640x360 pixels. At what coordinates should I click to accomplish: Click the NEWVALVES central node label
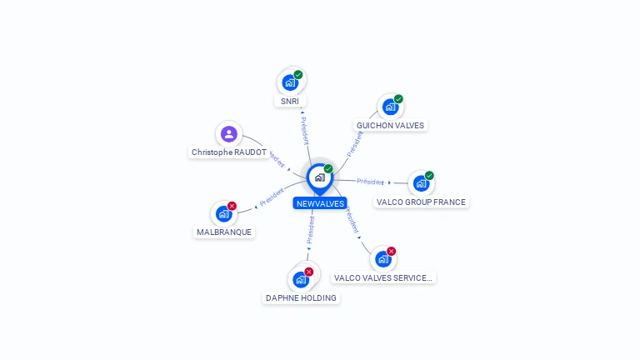[x=320, y=203]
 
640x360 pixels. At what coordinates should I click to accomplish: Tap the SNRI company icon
[x=290, y=82]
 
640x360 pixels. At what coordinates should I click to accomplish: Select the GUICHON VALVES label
[x=390, y=126]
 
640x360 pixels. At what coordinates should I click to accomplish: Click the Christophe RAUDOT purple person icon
[x=229, y=133]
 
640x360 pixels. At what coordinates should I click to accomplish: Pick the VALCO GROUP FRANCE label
[x=421, y=202]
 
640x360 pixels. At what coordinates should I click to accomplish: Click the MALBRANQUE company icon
[x=223, y=213]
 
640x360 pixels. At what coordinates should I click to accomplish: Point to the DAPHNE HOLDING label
[x=301, y=297]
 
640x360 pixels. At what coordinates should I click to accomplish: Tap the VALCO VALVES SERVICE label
[x=383, y=277]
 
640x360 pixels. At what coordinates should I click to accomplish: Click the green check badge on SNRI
[x=298, y=75]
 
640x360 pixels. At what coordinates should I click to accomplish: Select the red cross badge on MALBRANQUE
[x=232, y=206]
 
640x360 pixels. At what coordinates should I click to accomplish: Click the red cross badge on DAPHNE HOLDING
[x=308, y=272]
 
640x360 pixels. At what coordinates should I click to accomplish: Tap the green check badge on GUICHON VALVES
[x=398, y=99]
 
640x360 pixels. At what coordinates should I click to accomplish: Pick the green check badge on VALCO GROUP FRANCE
[x=429, y=175]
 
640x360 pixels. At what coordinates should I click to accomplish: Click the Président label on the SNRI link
[x=304, y=129]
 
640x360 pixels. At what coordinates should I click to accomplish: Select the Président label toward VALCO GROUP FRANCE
[x=369, y=182]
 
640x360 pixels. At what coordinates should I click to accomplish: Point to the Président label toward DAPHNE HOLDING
[x=310, y=231]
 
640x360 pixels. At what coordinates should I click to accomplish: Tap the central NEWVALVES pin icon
[x=319, y=177]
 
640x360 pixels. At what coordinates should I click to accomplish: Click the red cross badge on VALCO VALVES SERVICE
[x=391, y=251]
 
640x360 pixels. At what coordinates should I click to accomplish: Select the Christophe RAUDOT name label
[x=229, y=152]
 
